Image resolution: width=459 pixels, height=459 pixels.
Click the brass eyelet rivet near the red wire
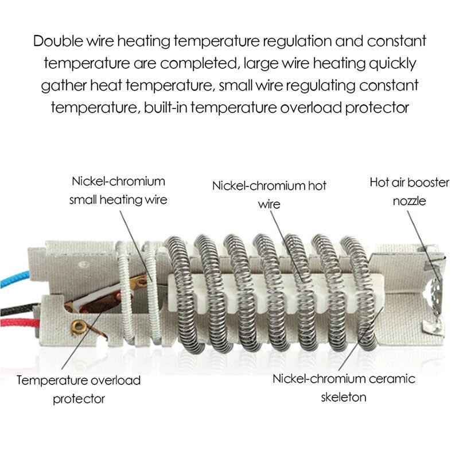(x=78, y=326)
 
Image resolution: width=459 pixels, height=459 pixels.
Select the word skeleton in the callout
(x=344, y=397)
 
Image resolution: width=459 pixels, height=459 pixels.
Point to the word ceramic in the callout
(x=392, y=379)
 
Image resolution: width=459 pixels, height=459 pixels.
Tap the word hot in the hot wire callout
(x=316, y=186)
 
